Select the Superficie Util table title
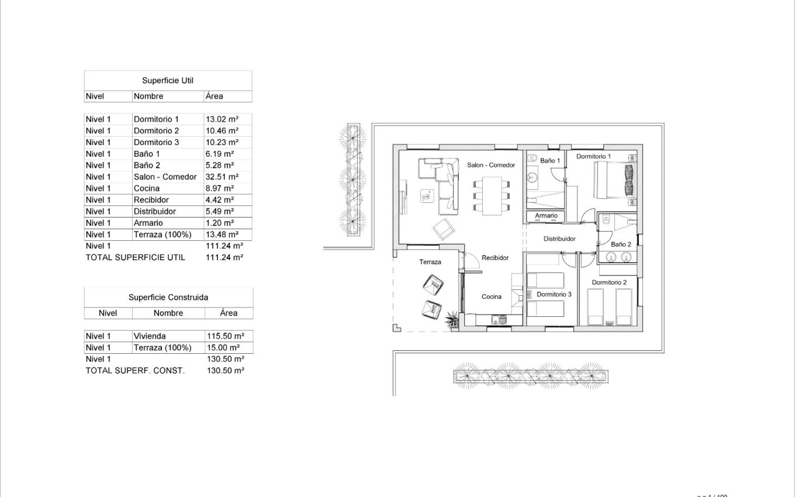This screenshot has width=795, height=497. [x=168, y=81]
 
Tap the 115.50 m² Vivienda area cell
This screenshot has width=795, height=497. [x=225, y=336]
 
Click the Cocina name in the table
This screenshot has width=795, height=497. [x=147, y=188]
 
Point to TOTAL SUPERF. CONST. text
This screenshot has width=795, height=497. [x=135, y=371]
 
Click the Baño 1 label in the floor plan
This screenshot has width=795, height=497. [x=550, y=160]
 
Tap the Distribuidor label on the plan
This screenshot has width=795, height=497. [x=559, y=239]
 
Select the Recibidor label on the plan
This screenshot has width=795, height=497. [x=495, y=258]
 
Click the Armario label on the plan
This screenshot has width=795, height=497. [x=546, y=216]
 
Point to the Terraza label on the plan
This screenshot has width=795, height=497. [x=430, y=262]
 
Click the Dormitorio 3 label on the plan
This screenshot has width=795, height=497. [x=554, y=295]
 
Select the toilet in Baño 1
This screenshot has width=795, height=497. [x=532, y=158]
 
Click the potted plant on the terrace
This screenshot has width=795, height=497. [x=452, y=319]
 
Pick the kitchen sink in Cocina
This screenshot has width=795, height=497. [x=499, y=320]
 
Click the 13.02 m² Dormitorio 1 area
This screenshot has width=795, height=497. [x=222, y=119]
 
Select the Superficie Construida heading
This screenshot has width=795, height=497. [x=168, y=298]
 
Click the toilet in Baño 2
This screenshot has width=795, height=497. [x=606, y=220]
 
